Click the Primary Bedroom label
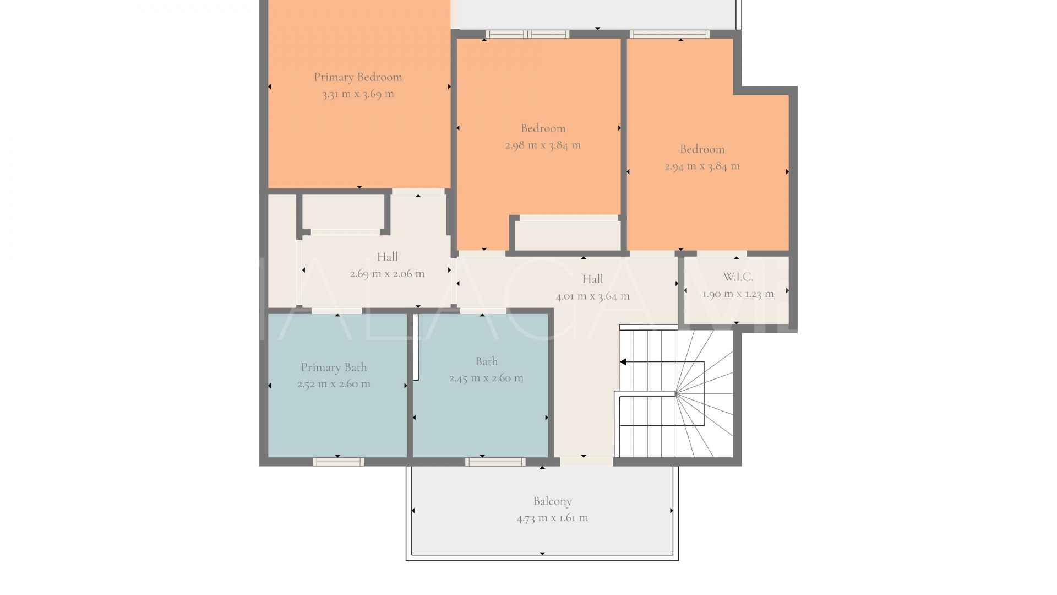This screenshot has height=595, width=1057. pos(358,77)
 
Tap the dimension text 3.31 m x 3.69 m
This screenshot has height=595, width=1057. pos(358,94)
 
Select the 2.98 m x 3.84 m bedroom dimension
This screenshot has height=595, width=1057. pos(543,145)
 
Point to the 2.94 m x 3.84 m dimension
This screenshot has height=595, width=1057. pos(702,166)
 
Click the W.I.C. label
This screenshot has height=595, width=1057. pos(738,277)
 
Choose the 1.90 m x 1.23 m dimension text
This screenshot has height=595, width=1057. pos(738,294)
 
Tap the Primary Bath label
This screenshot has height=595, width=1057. pos(334,367)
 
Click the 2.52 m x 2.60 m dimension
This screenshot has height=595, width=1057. pos(334,384)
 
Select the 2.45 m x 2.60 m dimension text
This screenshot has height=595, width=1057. pos(486,378)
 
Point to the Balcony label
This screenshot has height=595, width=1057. pos(552,501)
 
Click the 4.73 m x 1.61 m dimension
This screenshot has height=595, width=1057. pos(552,518)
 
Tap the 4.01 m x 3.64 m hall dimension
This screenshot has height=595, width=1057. pos(592,296)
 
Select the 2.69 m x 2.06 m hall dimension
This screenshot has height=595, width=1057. pos(387,273)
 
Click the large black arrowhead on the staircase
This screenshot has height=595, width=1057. pos(623,362)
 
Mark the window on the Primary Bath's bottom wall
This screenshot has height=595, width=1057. pos(338,462)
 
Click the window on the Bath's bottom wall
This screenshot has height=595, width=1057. pos(495,462)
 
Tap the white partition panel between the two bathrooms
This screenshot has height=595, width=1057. pos(416,347)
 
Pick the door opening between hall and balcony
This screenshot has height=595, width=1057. pos(586,462)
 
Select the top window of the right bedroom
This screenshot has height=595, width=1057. pos(669,34)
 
